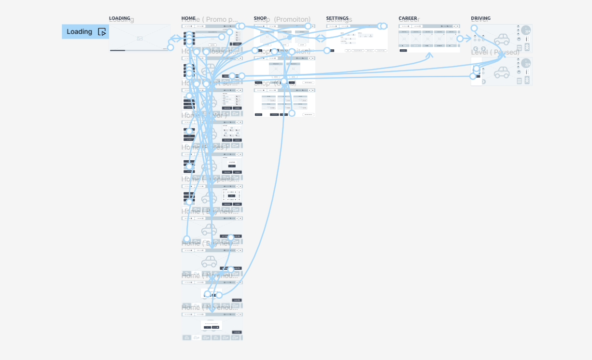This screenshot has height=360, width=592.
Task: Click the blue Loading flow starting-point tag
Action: tap(85, 32)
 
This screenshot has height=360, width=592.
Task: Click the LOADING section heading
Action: tap(119, 18)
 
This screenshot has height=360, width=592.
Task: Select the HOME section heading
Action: tap(188, 18)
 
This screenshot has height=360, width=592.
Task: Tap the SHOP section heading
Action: tap(260, 18)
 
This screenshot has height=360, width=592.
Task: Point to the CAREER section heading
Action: tap(408, 18)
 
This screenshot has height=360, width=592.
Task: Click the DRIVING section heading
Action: tap(480, 18)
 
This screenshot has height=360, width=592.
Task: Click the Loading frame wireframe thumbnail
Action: tap(140, 38)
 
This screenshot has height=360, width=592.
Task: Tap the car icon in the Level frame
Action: tap(502, 40)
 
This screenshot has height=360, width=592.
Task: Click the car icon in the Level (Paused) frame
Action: tap(502, 73)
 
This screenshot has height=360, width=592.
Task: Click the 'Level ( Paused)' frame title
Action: tap(495, 52)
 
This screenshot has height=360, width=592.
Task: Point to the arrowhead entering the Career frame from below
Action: tap(429, 55)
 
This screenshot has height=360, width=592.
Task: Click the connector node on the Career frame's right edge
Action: tap(460, 39)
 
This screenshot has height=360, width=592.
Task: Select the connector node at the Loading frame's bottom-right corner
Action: tap(170, 47)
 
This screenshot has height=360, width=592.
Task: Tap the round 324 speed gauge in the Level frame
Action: tap(526, 30)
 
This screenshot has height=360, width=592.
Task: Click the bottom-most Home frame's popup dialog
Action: tap(212, 325)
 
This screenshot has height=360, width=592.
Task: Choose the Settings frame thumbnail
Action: tap(357, 39)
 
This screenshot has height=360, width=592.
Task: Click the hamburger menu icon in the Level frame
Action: tap(519, 48)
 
